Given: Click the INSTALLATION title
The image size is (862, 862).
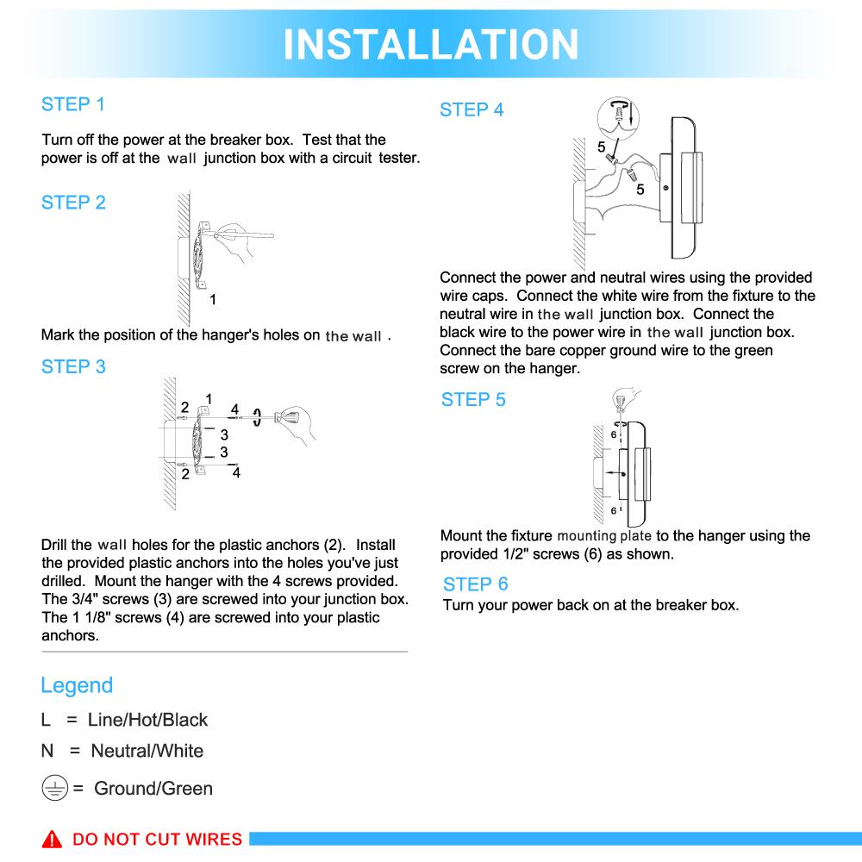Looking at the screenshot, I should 431,44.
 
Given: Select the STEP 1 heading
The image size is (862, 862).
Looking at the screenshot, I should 73,105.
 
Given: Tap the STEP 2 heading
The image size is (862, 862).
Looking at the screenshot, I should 73,203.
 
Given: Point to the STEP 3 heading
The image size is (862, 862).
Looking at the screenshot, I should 73,367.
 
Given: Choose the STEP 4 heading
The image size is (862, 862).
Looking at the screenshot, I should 472,110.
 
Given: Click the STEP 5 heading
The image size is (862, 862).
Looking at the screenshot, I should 473,400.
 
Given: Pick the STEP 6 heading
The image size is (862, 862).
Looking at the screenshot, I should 476,584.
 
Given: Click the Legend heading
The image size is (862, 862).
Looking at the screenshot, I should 77,686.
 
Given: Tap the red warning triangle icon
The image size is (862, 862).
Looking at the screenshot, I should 53,840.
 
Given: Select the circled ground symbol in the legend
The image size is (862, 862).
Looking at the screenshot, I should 55,788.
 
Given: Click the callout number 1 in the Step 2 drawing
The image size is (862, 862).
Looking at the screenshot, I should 213,300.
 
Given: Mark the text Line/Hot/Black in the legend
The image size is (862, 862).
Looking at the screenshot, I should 147,720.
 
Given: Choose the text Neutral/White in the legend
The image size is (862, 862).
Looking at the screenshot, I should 147,751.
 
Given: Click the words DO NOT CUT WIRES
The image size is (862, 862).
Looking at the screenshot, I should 157,840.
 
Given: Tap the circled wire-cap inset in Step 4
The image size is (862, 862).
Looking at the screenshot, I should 618,119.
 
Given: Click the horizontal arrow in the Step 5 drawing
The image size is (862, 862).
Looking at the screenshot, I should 614,473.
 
